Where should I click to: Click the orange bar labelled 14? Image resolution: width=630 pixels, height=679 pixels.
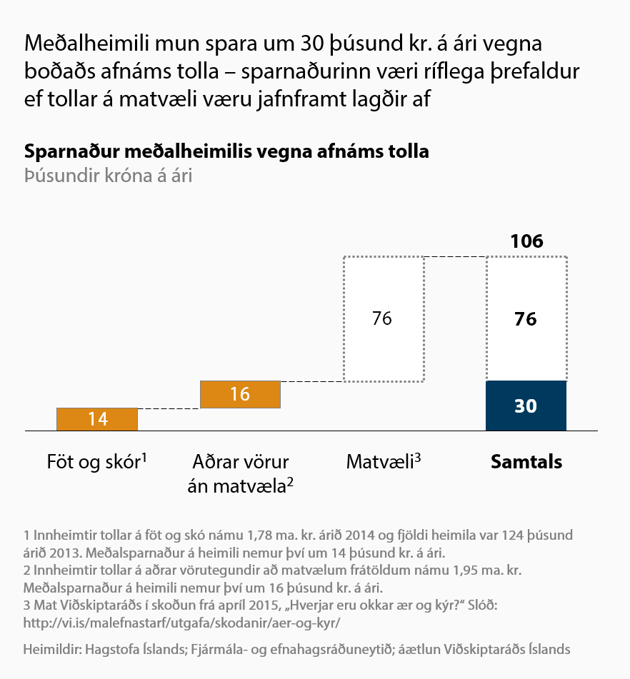click(x=96, y=419)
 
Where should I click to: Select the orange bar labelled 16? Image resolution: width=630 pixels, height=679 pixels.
click(x=240, y=394)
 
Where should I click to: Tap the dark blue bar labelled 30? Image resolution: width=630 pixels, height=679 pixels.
click(x=526, y=406)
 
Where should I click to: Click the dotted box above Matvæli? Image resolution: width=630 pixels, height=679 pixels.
click(x=383, y=318)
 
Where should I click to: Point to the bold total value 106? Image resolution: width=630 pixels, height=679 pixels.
click(x=526, y=241)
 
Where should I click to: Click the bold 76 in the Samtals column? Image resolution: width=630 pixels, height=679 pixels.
click(x=526, y=319)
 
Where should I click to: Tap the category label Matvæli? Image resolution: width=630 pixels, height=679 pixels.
click(x=383, y=462)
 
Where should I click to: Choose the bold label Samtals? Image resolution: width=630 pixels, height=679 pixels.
click(x=526, y=462)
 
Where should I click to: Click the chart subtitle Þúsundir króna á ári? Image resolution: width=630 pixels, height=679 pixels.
click(x=108, y=176)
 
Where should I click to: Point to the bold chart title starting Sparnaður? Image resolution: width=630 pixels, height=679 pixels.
click(x=226, y=152)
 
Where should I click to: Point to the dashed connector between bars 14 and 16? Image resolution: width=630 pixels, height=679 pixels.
click(x=169, y=408)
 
